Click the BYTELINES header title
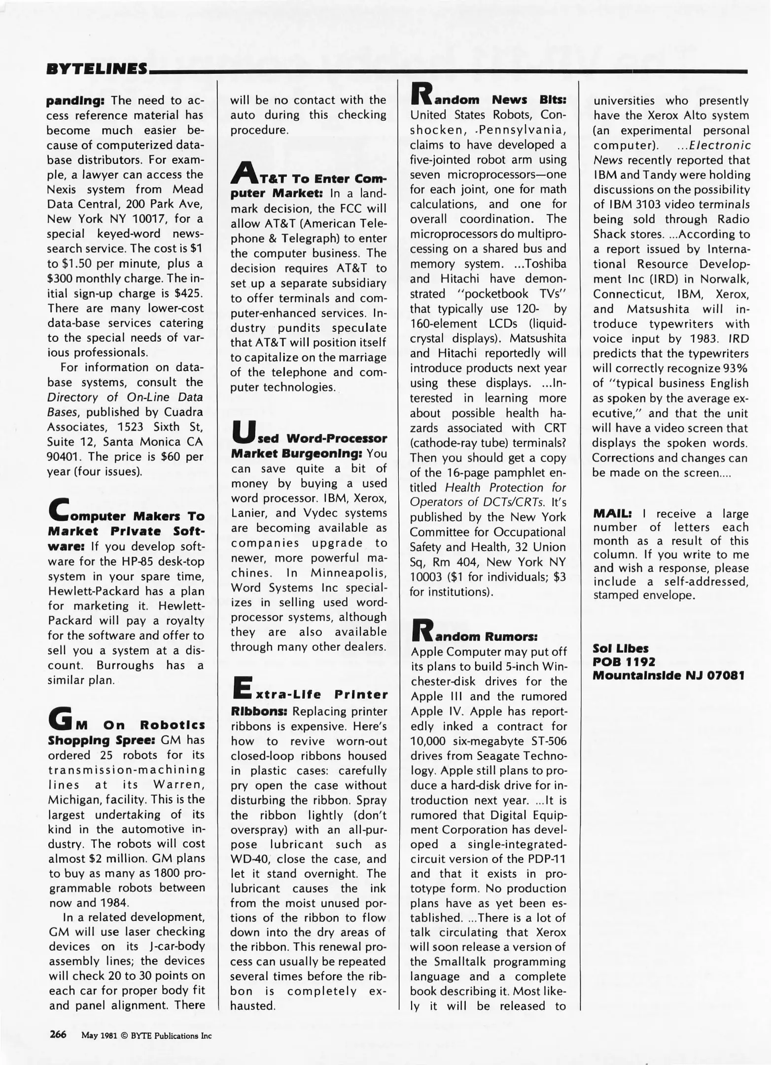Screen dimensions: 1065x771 (97, 69)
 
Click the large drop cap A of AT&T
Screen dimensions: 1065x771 (243, 174)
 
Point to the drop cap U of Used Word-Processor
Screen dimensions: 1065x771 (242, 431)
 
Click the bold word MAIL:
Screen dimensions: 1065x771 (612, 513)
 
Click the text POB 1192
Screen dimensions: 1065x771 (624, 662)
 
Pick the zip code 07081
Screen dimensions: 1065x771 (726, 675)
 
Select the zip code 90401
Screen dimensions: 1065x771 (61, 457)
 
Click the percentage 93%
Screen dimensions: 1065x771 (735, 368)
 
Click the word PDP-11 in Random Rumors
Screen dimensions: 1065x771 (546, 859)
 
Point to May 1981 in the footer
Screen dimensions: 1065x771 (99, 1035)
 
